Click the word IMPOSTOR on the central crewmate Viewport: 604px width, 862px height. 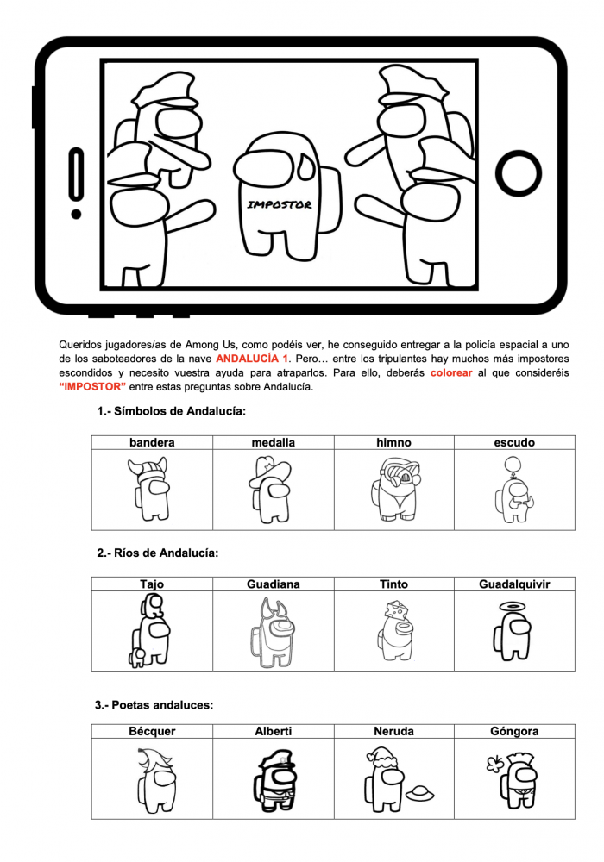tap(279, 205)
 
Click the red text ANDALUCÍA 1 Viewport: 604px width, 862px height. tap(253, 358)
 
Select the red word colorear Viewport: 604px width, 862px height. tap(451, 372)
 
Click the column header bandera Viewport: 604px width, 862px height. tap(152, 442)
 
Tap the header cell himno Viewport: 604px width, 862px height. tap(393, 442)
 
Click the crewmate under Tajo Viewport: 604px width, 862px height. tap(151, 632)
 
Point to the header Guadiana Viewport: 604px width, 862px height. tap(273, 584)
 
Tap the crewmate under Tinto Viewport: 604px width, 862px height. tap(393, 631)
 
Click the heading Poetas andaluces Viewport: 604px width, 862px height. tap(154, 704)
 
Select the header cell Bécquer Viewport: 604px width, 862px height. tap(152, 731)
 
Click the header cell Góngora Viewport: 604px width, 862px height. tap(513, 731)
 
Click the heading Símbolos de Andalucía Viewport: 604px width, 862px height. tap(171, 411)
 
